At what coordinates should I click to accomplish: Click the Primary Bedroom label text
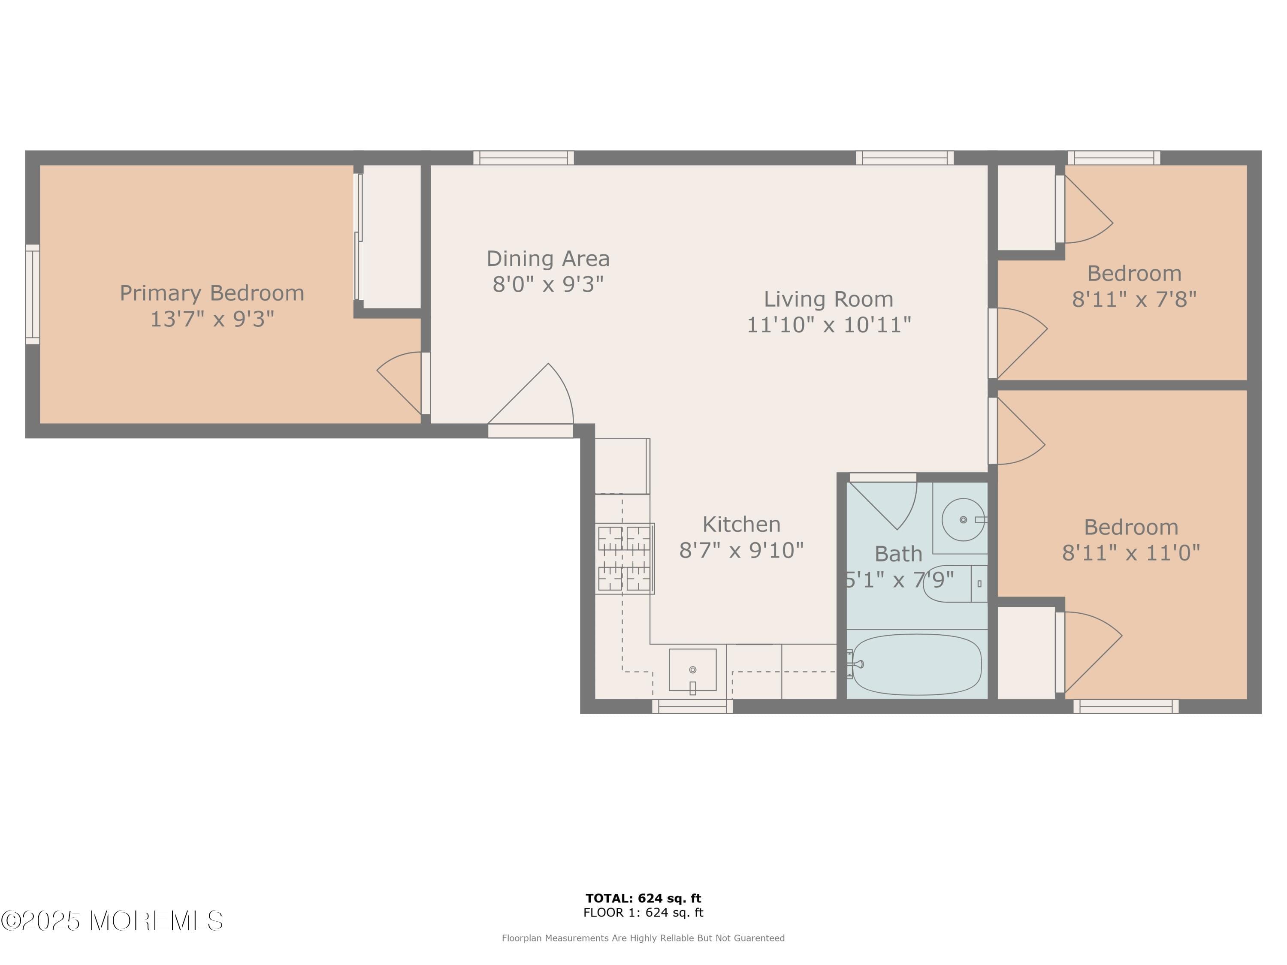[212, 293]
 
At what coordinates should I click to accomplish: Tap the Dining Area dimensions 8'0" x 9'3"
[548, 284]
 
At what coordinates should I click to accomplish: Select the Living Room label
[828, 299]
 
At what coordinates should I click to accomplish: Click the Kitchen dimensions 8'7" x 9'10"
[741, 550]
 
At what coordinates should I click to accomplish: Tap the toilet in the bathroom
[954, 583]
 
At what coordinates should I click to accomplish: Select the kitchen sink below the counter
[692, 670]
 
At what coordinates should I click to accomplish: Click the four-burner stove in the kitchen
[624, 558]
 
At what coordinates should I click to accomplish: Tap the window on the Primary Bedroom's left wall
[33, 294]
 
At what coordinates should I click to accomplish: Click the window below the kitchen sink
[692, 706]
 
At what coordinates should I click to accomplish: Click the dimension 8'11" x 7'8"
[1134, 299]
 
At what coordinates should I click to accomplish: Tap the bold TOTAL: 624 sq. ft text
[643, 898]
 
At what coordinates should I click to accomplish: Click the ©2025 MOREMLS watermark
[112, 921]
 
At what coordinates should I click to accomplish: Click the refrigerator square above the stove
[622, 466]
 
